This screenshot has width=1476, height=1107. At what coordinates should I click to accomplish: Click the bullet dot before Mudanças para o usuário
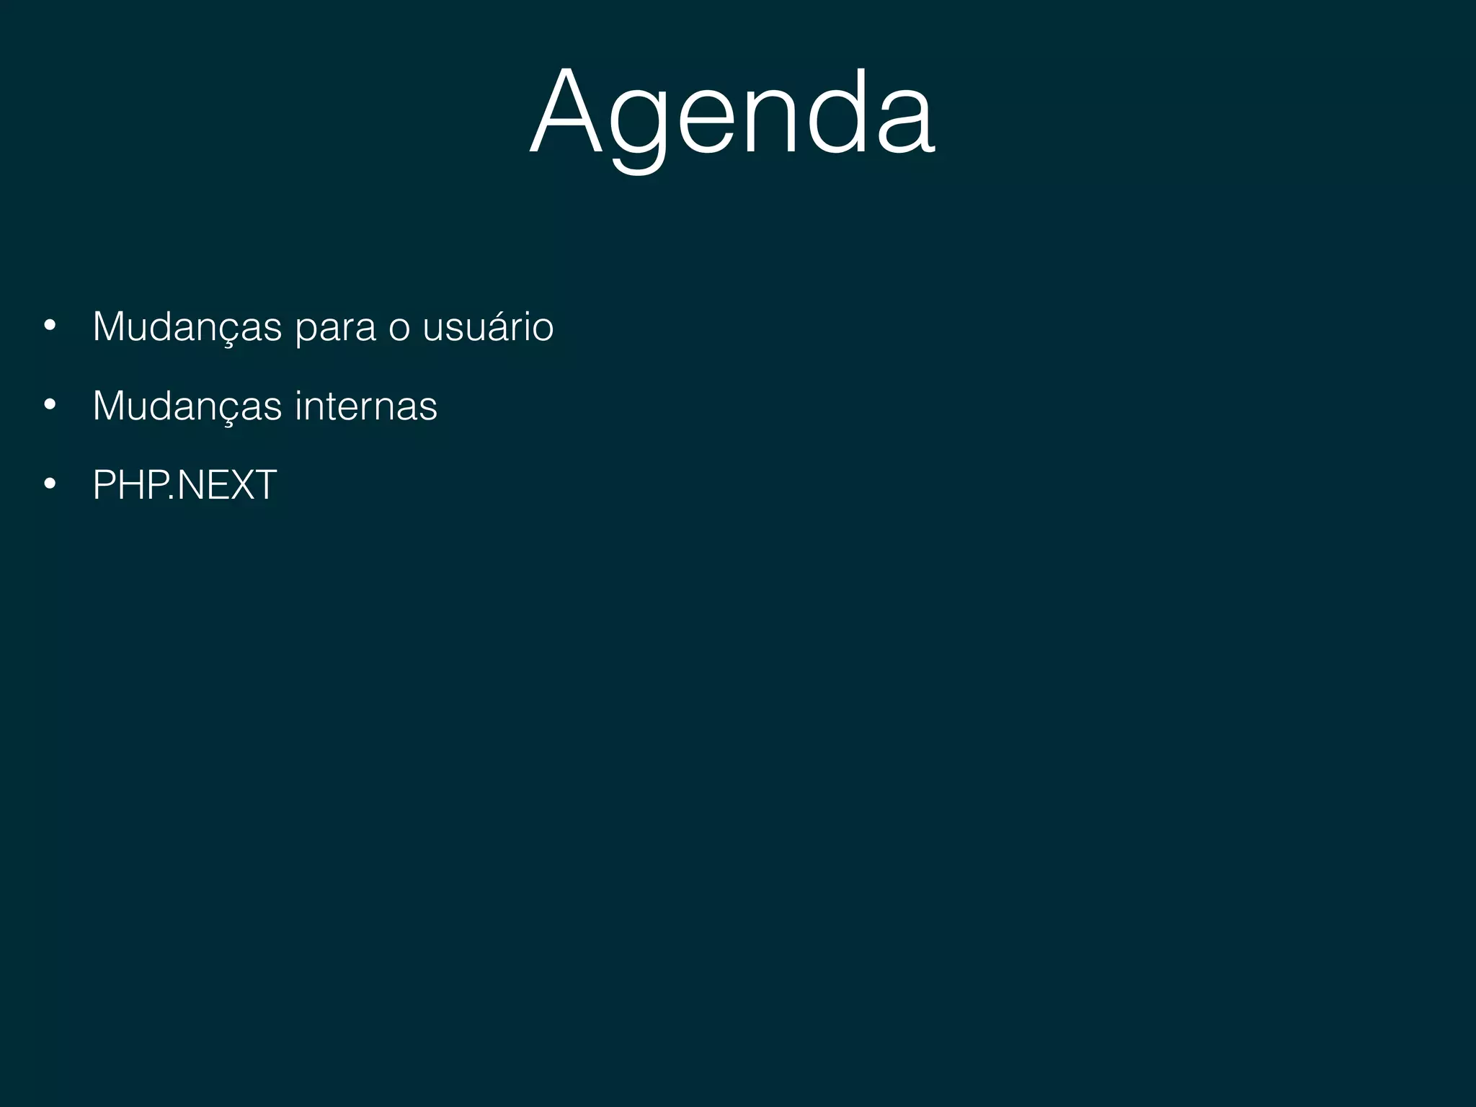[49, 326]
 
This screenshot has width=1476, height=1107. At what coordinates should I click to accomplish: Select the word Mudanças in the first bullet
[187, 327]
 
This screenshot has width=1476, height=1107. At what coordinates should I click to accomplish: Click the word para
[335, 329]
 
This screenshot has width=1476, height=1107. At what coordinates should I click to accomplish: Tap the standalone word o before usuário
[399, 329]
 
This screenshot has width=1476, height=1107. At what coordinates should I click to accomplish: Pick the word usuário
[488, 327]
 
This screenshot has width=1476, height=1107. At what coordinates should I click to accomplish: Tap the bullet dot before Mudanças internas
[49, 405]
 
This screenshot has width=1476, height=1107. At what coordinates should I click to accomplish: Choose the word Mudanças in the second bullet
[187, 406]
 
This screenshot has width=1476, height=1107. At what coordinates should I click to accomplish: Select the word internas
[365, 406]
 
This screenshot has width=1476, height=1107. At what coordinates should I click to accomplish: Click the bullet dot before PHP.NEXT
[49, 484]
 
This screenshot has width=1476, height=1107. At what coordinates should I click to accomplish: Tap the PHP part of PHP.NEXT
[130, 485]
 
